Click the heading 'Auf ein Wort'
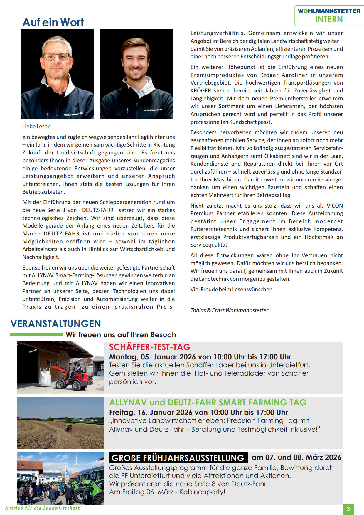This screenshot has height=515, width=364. coord(53,22)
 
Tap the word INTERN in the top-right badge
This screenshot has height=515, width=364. coord(329,19)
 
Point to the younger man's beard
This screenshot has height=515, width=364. coord(135,75)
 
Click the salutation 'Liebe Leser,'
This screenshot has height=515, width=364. coord(36,127)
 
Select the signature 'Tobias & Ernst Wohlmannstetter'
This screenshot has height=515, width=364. coord(229,310)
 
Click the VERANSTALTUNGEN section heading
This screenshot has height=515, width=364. coord(56,324)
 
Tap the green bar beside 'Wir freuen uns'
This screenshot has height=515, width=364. coord(36,335)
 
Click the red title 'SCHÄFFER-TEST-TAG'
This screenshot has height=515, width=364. coord(149,347)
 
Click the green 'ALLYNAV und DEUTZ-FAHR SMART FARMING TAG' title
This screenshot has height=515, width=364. coord(208,402)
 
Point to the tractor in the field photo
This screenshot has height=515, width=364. coord(68,428)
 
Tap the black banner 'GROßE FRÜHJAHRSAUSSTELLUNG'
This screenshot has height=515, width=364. coord(178,458)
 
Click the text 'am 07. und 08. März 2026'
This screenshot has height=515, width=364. coord(296,457)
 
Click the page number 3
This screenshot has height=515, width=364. coord(348,509)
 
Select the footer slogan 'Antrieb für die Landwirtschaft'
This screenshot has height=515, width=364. coord(43,508)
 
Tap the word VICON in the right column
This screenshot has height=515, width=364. coord(335,206)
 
